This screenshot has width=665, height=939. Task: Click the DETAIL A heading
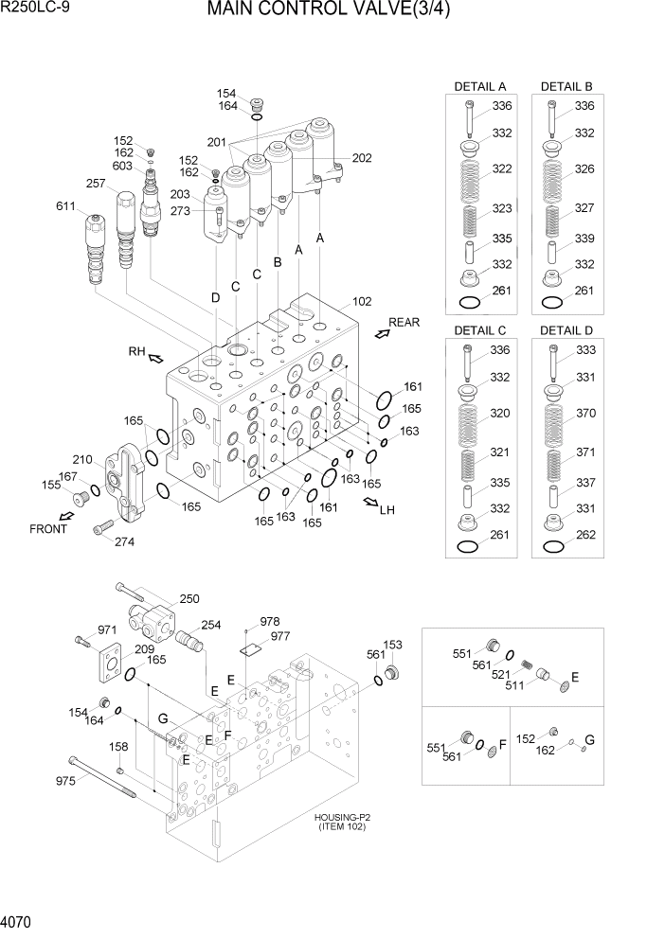point(480,86)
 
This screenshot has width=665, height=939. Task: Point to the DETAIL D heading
point(566,330)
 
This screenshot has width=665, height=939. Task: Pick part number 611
point(66,205)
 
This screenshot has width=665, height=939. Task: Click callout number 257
point(96,184)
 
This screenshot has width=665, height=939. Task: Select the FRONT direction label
point(48,529)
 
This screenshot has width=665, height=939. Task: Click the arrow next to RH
point(154,358)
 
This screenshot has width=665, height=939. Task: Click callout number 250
point(189,598)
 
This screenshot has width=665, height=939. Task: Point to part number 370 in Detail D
point(584,414)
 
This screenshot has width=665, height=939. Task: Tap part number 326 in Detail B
point(584,169)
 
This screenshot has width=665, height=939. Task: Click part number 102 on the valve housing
point(361,302)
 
